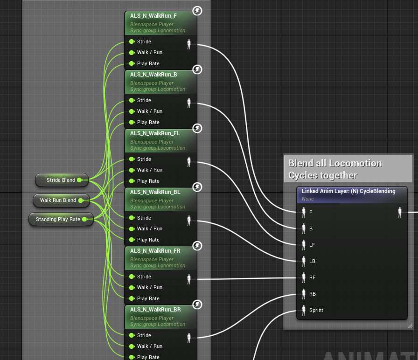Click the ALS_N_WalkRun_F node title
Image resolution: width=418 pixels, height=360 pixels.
click(147, 16)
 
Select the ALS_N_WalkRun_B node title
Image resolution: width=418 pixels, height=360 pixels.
click(147, 75)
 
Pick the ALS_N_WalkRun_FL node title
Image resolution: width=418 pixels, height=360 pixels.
click(148, 133)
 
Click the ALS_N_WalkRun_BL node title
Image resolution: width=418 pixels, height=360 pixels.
click(148, 192)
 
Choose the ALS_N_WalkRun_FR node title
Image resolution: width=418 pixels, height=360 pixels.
click(149, 251)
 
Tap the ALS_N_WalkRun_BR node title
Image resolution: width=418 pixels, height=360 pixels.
click(149, 310)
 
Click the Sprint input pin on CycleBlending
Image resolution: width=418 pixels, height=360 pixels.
click(304, 310)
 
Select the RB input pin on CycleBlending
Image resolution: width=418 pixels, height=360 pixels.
click(304, 294)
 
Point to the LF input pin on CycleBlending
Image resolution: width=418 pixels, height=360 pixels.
click(304, 245)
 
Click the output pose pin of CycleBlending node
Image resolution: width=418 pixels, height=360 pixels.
click(400, 212)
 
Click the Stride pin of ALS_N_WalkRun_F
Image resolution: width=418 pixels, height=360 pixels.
click(132, 42)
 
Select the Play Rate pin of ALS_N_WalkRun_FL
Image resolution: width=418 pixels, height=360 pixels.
click(132, 181)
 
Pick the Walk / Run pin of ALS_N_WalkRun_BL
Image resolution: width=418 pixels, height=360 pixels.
click(132, 228)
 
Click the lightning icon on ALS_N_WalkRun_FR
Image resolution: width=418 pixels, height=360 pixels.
click(197, 246)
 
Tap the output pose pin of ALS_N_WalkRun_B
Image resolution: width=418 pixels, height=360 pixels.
click(189, 103)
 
